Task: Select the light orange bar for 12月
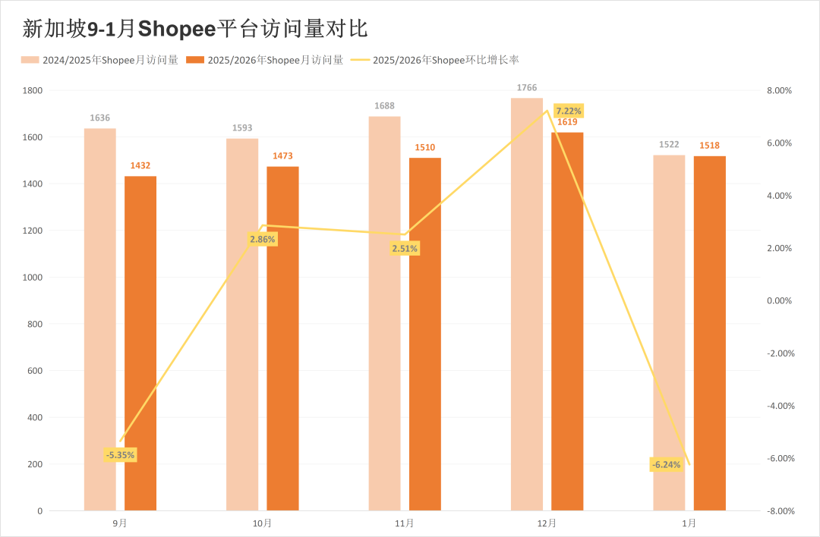527,304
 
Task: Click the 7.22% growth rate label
569,111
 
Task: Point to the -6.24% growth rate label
666,465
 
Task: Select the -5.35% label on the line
120,455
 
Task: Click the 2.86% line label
263,239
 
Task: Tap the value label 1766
527,88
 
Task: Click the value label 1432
140,165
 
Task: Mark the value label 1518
709,146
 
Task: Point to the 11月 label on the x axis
405,523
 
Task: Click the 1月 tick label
689,523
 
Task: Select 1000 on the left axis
33,278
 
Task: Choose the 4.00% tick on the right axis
778,196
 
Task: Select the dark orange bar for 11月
425,334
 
